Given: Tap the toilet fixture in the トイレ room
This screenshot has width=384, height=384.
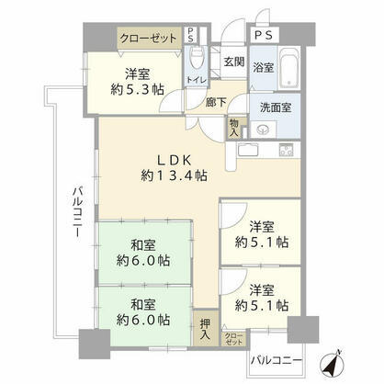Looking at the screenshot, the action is [x=195, y=58].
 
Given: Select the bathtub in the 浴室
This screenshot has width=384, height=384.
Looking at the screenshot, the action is [x=288, y=68].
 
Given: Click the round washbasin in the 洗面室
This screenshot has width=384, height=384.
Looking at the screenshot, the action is [x=263, y=130].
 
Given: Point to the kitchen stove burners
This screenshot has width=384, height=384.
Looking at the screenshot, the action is [x=286, y=150].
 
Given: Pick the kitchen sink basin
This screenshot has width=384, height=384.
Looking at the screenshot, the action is [x=248, y=150].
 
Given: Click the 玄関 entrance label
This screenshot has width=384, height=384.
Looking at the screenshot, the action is [x=234, y=62].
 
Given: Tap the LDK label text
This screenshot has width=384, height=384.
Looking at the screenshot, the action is [x=174, y=160].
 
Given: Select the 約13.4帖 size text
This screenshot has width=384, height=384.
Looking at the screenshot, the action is [x=174, y=175].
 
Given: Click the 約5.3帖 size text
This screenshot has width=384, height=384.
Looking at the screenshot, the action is [x=137, y=89].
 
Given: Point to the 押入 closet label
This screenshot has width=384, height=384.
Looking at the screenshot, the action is [x=205, y=329].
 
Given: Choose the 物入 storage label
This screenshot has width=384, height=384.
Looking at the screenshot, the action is [x=234, y=128].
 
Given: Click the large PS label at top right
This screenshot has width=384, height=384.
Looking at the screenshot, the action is [x=264, y=36].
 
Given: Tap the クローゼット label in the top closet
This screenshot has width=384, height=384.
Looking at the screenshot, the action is [x=149, y=39].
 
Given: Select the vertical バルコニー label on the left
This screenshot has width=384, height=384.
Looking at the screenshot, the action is [x=78, y=212].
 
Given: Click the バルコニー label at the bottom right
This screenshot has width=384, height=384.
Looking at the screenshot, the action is [x=277, y=360].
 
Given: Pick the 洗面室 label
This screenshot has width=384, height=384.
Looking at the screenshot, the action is [x=276, y=107].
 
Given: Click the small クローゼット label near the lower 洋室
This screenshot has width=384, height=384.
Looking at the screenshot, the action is [x=233, y=339].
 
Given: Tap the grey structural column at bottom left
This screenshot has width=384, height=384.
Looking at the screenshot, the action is [x=95, y=344].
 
